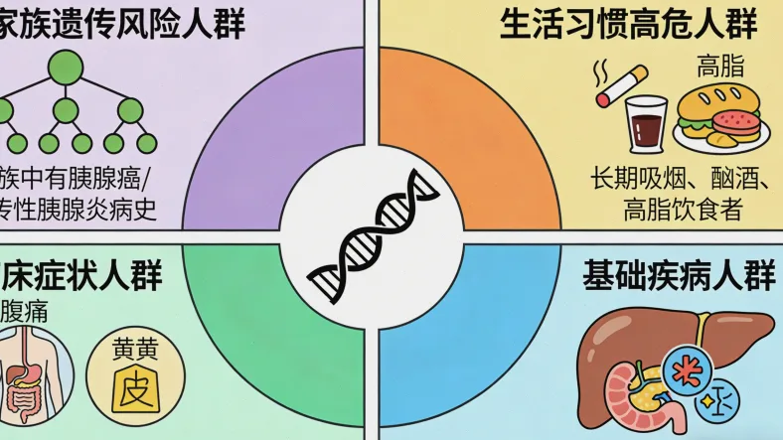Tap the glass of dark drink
[646, 123]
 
